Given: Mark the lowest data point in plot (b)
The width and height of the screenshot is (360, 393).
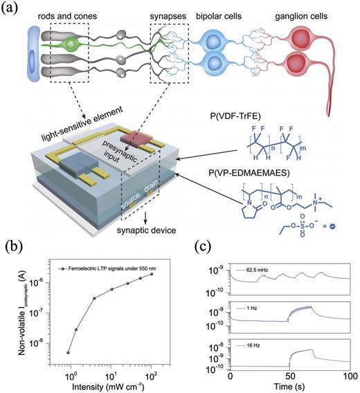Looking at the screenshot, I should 69,352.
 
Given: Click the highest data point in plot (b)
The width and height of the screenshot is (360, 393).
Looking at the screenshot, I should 170,273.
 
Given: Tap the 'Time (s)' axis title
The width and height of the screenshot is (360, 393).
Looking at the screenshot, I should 291,385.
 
